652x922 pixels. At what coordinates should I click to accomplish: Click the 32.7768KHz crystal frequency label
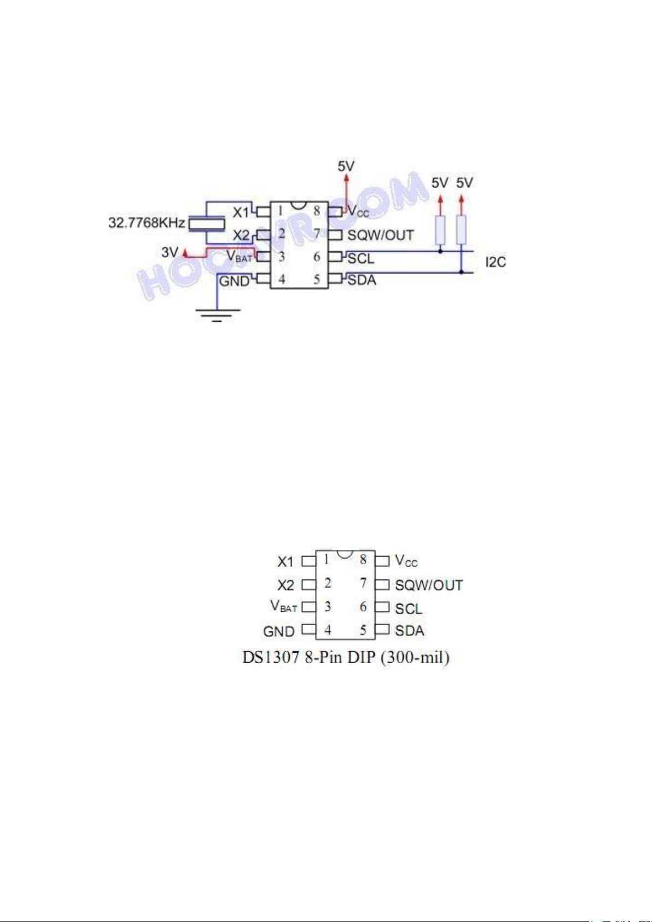147,223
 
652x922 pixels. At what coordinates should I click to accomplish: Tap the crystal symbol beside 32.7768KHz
206,223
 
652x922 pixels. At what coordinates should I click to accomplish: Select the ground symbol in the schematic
218,314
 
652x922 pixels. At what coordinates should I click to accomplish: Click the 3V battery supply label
170,252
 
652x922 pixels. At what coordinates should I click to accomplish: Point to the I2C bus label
496,262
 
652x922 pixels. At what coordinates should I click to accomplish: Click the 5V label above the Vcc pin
346,166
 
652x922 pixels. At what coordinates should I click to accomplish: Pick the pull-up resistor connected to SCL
440,230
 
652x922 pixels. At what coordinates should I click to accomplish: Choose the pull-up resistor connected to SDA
462,230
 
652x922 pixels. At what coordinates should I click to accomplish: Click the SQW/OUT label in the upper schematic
381,235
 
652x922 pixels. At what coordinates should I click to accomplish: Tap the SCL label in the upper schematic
361,258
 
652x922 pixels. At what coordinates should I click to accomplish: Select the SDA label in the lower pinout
410,631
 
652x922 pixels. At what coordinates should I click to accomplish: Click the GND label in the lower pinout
279,631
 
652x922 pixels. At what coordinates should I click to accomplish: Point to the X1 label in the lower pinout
286,562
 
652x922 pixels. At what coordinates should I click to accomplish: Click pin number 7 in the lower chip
363,583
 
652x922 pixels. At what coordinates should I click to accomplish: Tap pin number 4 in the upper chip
282,280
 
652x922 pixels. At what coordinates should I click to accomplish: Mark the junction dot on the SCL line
440,252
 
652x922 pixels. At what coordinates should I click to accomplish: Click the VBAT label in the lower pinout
284,607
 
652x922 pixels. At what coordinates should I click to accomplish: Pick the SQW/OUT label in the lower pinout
429,585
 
